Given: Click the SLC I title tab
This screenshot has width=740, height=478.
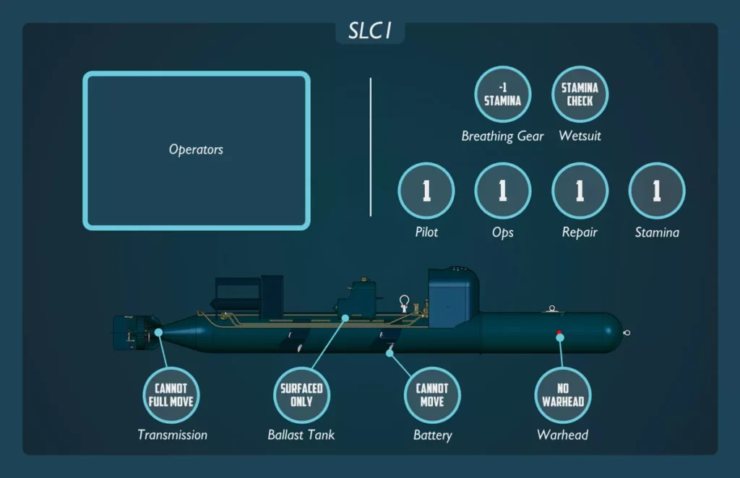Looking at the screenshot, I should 369,32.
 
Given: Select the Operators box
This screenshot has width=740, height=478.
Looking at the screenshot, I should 197,150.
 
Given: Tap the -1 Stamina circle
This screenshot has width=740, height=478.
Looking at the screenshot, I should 502,95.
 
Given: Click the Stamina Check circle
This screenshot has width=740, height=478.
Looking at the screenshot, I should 580,95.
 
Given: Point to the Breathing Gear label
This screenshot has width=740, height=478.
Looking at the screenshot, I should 502,136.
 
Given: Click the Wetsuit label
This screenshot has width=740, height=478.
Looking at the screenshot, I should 580,136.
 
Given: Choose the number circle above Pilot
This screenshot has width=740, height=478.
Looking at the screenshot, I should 426,191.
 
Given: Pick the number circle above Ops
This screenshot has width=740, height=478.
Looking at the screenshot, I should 502,191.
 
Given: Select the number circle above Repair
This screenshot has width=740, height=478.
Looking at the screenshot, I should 580,191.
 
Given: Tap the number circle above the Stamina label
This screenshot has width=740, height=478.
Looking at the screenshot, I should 657,191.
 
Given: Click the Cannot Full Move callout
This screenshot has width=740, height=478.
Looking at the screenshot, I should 171,394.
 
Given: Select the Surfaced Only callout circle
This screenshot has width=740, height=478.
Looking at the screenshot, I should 301,394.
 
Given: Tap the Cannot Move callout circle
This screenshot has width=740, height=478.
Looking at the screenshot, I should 432,394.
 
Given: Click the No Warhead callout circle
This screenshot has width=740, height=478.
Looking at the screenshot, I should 562,394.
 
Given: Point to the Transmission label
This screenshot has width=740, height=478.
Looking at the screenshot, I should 172,435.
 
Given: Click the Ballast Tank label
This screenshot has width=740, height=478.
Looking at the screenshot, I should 301,435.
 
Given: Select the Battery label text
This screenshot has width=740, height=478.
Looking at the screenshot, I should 432,435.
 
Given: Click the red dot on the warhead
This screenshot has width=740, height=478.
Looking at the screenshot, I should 559,333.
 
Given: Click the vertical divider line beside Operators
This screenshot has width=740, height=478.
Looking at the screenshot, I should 371,147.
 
